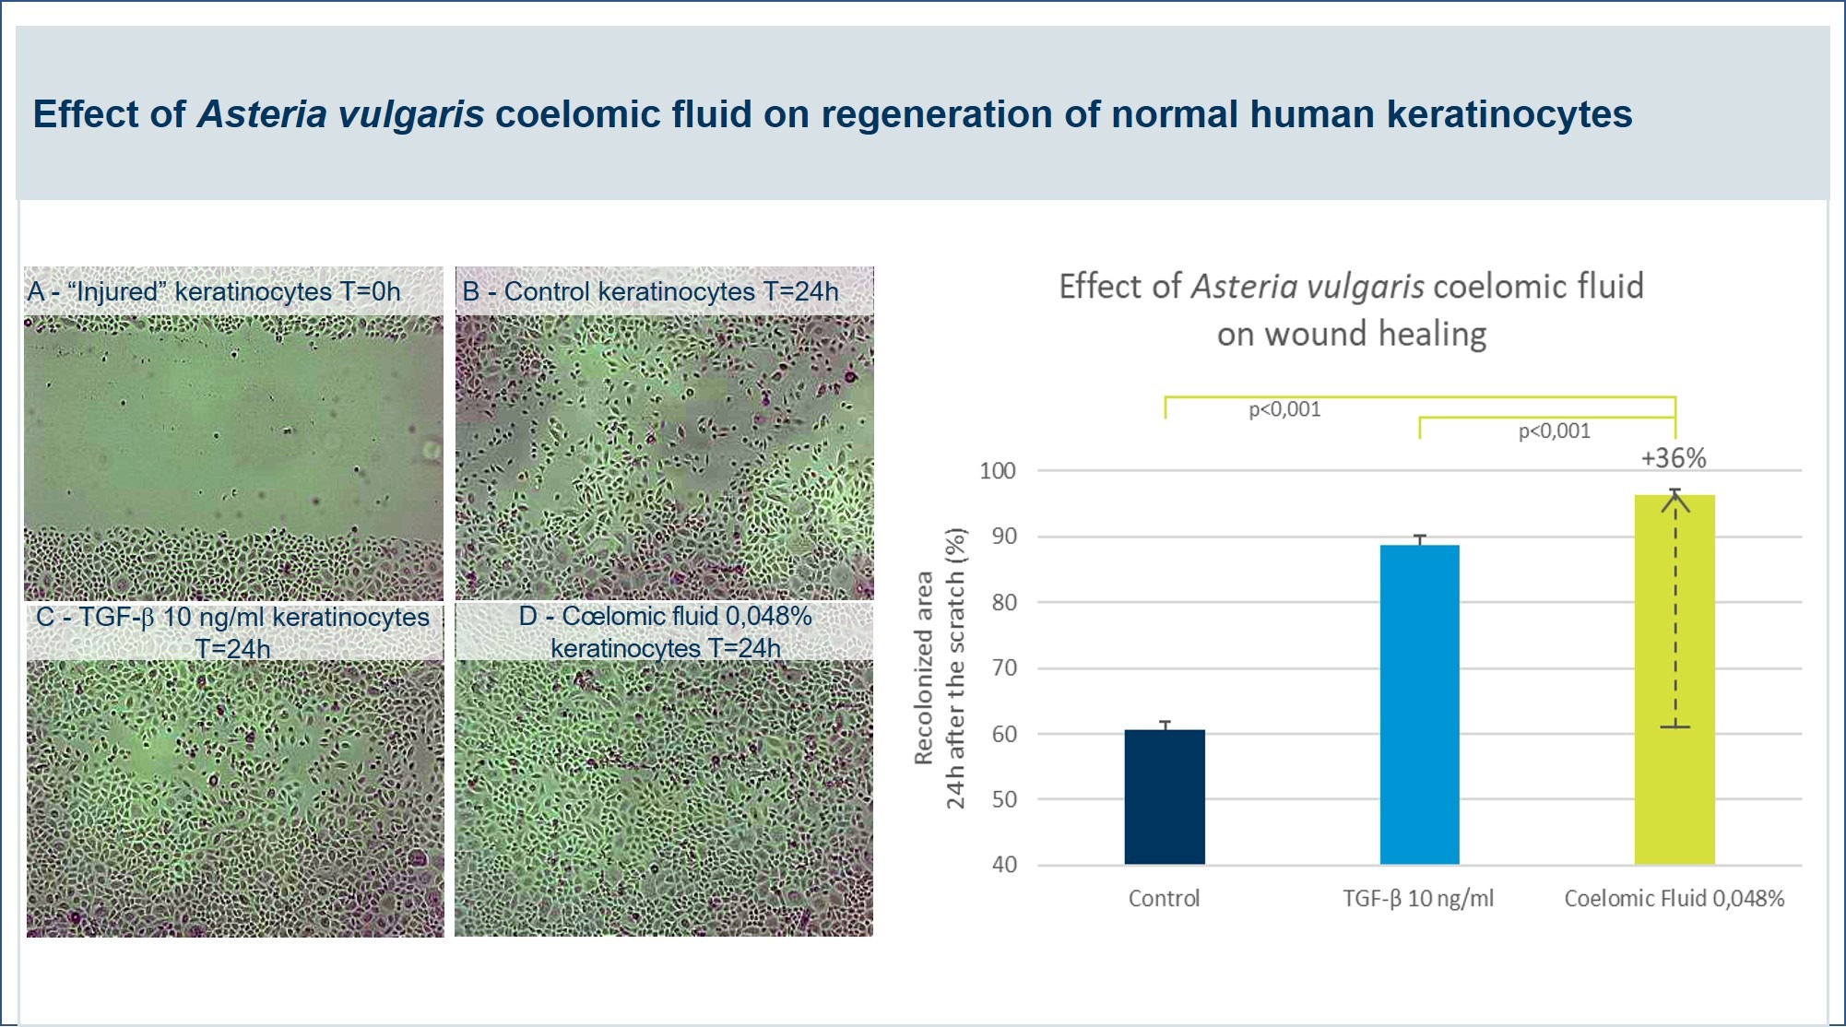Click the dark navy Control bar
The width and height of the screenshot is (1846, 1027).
click(x=1165, y=797)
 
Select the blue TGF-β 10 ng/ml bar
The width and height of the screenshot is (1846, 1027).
click(x=1420, y=704)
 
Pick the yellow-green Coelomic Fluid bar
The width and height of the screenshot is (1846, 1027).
click(x=1674, y=679)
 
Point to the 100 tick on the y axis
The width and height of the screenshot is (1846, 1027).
click(x=998, y=471)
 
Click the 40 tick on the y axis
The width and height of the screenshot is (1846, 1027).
click(x=1004, y=865)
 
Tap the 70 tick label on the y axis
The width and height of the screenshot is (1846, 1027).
click(x=1004, y=667)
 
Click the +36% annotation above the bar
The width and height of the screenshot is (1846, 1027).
click(x=1674, y=457)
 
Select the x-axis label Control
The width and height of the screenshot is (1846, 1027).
click(x=1164, y=898)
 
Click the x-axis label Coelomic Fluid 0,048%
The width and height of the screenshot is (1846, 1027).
click(x=1674, y=898)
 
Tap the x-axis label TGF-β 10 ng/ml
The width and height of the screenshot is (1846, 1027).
click(x=1418, y=898)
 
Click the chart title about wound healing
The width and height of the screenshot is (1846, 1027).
click(x=1352, y=310)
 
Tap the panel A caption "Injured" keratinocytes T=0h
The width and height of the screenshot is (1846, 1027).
click(x=214, y=291)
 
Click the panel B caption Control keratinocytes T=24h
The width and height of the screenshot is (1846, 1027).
click(x=651, y=291)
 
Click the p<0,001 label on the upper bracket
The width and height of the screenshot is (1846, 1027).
click(x=1284, y=409)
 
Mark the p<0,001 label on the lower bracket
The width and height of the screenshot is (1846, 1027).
click(x=1555, y=431)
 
